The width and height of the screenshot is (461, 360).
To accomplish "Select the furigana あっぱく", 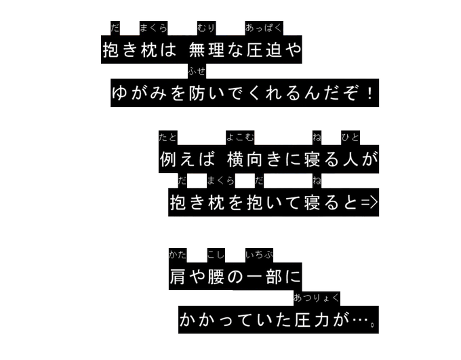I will (x=264, y=28).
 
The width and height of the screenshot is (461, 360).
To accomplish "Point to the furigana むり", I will (x=205, y=28).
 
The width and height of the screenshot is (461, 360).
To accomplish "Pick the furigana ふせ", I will (x=197, y=71).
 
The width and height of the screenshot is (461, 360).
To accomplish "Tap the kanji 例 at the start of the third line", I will (x=167, y=160).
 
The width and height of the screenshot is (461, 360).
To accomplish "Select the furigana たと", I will (x=167, y=138).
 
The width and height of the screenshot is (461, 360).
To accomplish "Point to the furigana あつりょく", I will (x=317, y=298).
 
